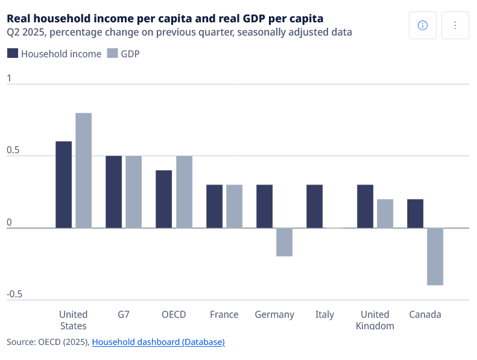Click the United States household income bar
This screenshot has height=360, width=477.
pyautogui.click(x=63, y=185)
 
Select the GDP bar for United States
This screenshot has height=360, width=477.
pyautogui.click(x=84, y=171)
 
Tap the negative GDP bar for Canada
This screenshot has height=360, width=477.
pyautogui.click(x=435, y=256)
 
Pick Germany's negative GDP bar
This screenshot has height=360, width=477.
pyautogui.click(x=285, y=242)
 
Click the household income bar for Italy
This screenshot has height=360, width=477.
pyautogui.click(x=315, y=206)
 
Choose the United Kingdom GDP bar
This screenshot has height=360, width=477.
pyautogui.click(x=385, y=213)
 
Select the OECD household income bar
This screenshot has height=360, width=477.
pyautogui.click(x=163, y=199)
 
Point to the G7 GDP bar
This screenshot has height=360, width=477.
pyautogui.click(x=133, y=192)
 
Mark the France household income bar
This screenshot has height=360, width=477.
pyautogui.click(x=215, y=206)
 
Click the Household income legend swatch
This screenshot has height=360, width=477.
pyautogui.click(x=13, y=53)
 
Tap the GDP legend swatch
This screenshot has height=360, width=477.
pyautogui.click(x=112, y=53)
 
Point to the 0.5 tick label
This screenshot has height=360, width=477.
pyautogui.click(x=13, y=150)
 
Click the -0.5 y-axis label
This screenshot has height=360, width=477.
pyautogui.click(x=14, y=294)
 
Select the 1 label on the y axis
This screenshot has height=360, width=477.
pyautogui.click(x=9, y=78)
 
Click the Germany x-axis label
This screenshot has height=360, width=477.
pyautogui.click(x=274, y=315)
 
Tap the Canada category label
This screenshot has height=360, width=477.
pyautogui.click(x=425, y=314)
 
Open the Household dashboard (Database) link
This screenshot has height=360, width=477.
pyautogui.click(x=159, y=342)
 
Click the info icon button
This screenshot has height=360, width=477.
pyautogui.click(x=423, y=25)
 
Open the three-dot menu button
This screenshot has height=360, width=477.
pyautogui.click(x=455, y=25)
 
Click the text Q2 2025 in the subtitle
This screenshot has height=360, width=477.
pyautogui.click(x=27, y=32)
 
